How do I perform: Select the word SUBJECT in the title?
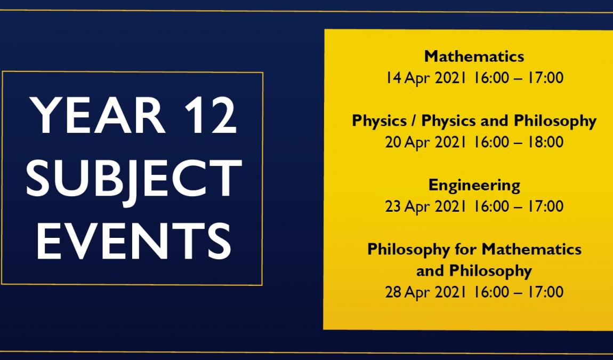click(134, 179)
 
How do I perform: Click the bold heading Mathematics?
click(474, 57)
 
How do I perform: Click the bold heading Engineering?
click(474, 186)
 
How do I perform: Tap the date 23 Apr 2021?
click(426, 206)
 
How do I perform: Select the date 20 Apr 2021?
click(426, 142)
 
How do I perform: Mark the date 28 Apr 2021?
click(426, 292)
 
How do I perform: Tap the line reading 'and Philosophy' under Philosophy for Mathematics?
click(474, 271)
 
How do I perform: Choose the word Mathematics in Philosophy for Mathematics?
click(531, 249)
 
